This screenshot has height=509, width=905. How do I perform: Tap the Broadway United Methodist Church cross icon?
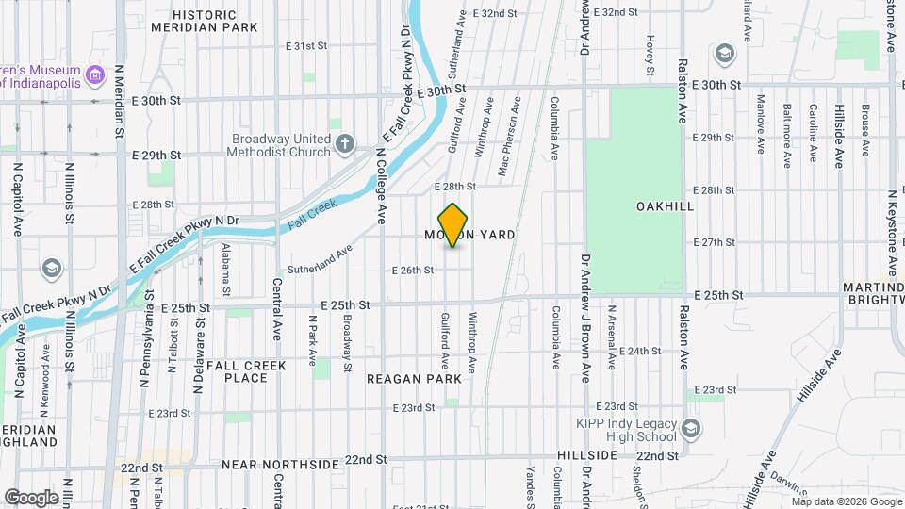tap(346, 144)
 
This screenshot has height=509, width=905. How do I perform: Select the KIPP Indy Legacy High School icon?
tap(692, 429)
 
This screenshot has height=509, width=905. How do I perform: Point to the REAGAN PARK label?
tap(415, 378)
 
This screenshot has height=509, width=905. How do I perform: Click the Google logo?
tap(31, 497)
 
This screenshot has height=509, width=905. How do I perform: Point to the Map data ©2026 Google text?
tap(847, 501)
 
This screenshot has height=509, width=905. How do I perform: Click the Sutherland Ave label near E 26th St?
tap(320, 257)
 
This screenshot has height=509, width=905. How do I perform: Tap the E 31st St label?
tap(306, 45)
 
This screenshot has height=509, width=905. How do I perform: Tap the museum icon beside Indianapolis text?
tap(93, 74)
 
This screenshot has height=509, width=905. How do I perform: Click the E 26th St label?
tap(413, 270)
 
